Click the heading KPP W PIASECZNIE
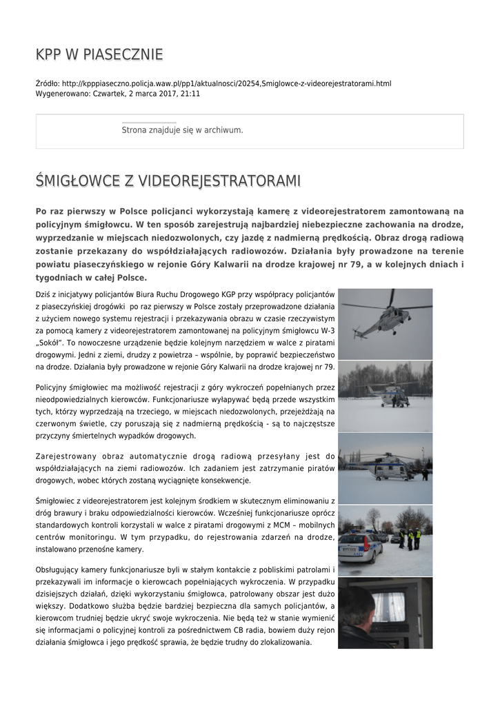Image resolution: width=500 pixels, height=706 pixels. (99, 54)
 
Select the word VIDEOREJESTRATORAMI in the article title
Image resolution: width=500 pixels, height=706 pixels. (219, 181)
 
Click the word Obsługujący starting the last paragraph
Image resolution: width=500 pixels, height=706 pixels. (63, 570)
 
